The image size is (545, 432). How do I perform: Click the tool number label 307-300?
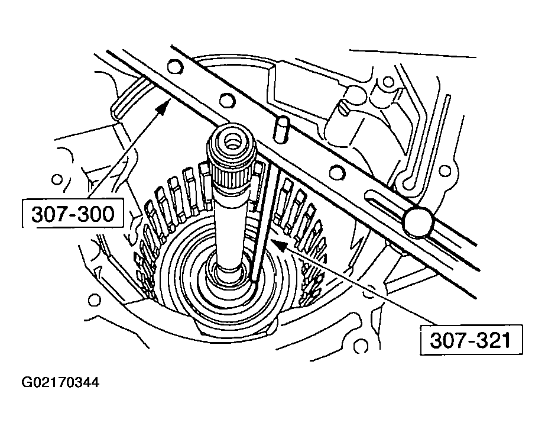(73, 214)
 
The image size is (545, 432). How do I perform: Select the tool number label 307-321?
(467, 340)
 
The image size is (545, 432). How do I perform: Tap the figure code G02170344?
(60, 382)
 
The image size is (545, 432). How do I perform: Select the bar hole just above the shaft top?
(225, 99)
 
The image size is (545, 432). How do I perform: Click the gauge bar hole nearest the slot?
(338, 173)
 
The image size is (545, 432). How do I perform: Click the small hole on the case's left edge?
(58, 178)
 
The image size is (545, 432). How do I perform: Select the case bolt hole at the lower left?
(93, 299)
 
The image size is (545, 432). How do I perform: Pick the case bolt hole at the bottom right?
(362, 343)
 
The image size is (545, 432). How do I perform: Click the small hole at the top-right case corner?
(388, 81)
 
